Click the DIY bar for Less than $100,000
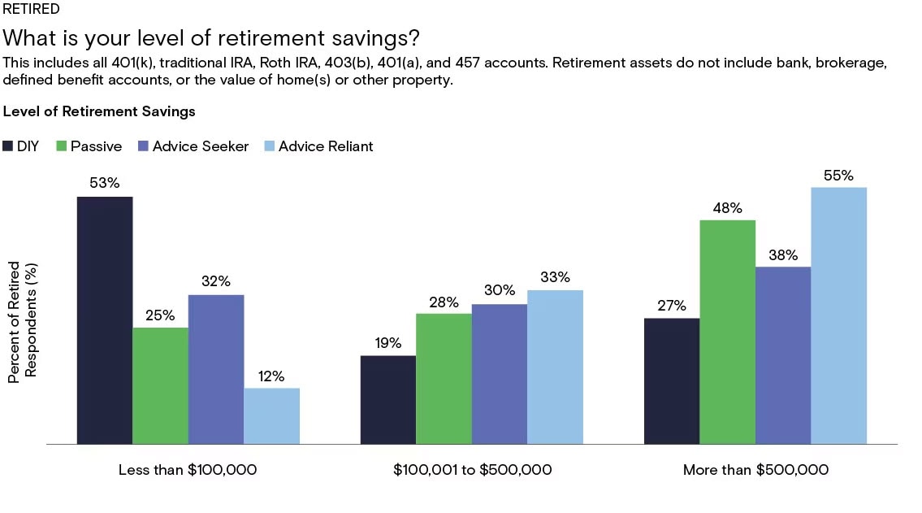pos(105,320)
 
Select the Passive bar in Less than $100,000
pos(160,385)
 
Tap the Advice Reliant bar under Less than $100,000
pos(271,415)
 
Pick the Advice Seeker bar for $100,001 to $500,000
pos(499,374)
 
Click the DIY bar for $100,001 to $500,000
pos(387,399)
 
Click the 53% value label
pos(105,183)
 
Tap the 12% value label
pos(271,376)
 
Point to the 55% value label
pos(839,175)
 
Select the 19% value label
pos(387,343)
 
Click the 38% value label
pos(783,254)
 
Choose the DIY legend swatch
pos(9,146)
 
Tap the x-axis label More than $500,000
pos(755,470)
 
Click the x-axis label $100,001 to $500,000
pos(472,470)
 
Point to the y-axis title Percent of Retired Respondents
pos(22,322)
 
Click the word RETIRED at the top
pos(31,10)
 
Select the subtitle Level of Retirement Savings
pos(99,111)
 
